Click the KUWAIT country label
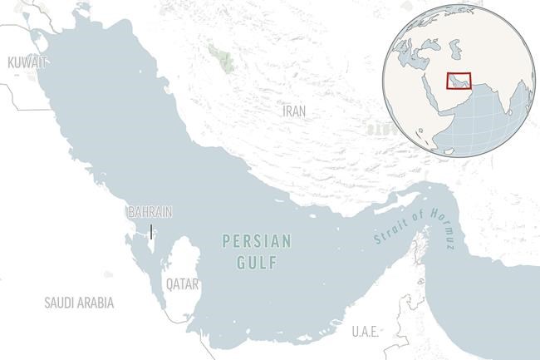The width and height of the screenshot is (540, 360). pos(26,62)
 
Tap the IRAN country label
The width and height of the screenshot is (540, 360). pos(294,111)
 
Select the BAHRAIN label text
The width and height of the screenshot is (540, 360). pos(150,212)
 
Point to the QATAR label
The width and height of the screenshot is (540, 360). pos(182,284)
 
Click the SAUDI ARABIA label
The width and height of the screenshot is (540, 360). pos(79,303)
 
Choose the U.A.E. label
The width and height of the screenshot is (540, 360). pos(365,332)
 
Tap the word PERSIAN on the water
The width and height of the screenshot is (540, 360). pos(258,242)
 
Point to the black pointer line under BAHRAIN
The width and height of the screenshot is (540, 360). pos(151,232)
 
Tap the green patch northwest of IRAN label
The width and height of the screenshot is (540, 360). pos(220,57)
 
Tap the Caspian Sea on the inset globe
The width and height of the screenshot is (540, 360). pos(454,49)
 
